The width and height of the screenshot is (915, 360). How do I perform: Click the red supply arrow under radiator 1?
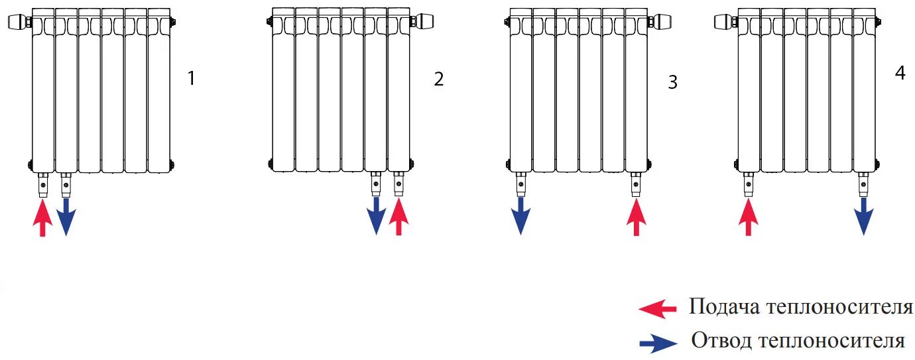tap(42, 218)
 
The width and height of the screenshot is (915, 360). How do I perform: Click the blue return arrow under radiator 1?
tap(66, 217)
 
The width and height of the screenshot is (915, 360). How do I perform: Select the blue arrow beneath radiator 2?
tap(376, 216)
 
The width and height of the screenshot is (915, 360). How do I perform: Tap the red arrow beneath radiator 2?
tap(398, 217)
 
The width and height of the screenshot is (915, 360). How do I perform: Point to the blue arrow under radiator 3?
tap(520, 216)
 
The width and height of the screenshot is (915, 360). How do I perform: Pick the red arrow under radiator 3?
tap(636, 217)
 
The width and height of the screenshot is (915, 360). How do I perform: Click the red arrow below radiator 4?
tap(749, 217)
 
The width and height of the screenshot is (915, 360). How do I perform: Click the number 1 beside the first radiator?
tap(191, 78)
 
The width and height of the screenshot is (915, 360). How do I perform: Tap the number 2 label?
tap(439, 79)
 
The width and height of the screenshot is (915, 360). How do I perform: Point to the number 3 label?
tap(672, 82)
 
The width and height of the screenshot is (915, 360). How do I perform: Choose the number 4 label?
tap(900, 73)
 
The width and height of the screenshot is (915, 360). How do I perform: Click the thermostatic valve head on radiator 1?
tap(19, 21)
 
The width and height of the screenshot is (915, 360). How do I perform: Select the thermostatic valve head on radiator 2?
tap(423, 21)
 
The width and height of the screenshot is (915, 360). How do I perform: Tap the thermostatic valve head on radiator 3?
tap(660, 21)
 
